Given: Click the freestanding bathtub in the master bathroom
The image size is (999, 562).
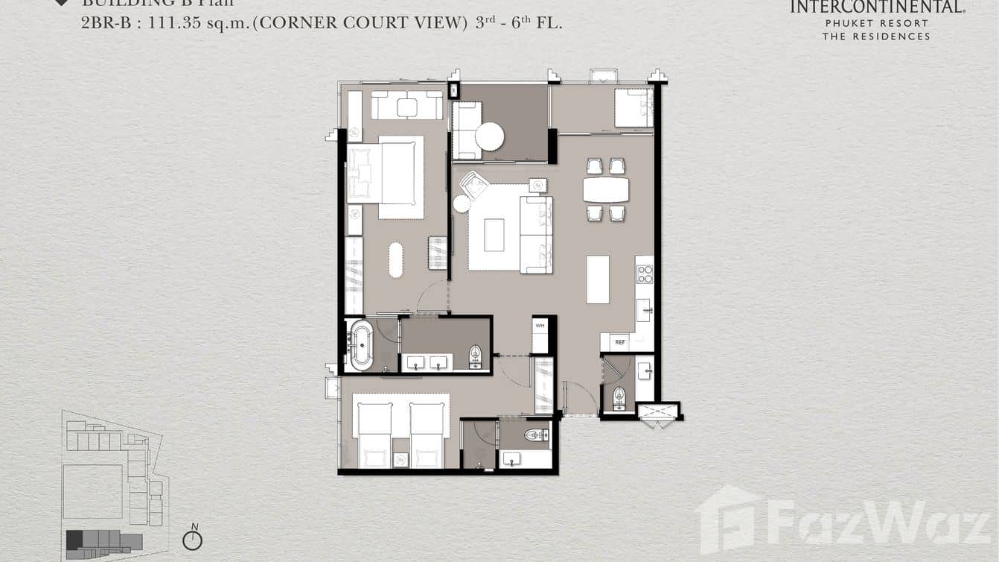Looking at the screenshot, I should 361,344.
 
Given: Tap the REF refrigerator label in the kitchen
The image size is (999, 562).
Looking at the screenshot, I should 619,343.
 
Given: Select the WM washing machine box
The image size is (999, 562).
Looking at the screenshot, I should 540,326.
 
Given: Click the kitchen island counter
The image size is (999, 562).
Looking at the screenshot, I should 597,280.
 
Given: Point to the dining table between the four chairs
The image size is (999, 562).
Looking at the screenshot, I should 605,189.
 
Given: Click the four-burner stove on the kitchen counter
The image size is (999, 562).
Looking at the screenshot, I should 645,274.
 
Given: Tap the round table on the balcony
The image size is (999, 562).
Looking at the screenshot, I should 490,136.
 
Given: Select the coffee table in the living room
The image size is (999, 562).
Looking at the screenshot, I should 494,235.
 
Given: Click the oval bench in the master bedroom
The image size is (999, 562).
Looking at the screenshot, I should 395,260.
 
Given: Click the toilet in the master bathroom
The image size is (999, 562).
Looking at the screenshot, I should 475,357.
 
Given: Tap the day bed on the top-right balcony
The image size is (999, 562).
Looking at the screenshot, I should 633,108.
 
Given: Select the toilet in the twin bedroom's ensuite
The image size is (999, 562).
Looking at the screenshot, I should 536,435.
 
